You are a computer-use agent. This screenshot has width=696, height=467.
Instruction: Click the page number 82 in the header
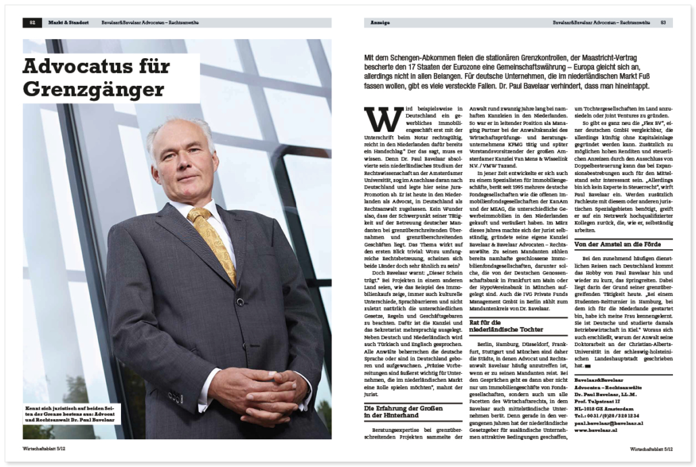[32, 23]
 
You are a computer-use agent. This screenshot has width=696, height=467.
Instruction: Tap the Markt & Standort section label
[68, 23]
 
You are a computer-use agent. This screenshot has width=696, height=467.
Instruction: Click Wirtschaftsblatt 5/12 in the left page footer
[44, 447]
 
